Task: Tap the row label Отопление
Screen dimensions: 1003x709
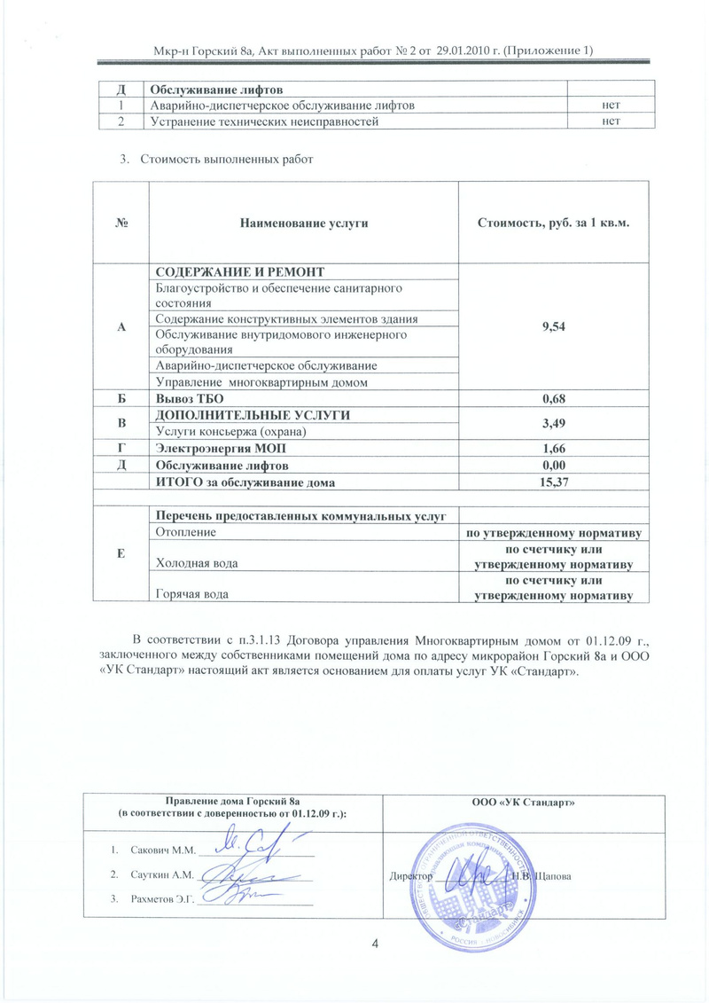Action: pos(184,532)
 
